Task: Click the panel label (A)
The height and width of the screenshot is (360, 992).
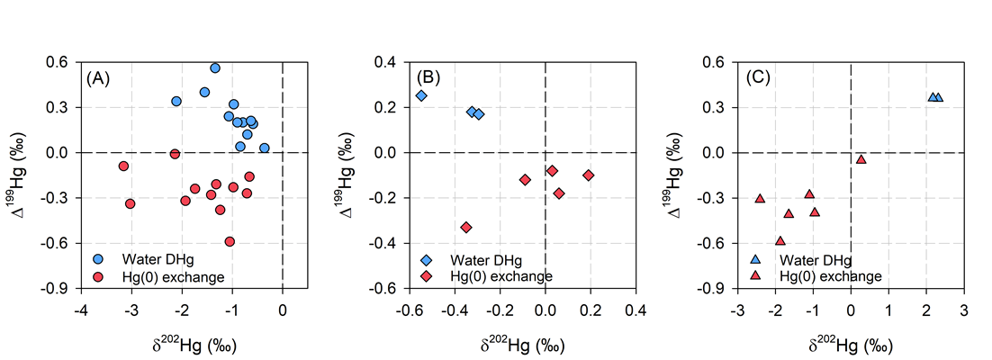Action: point(98,77)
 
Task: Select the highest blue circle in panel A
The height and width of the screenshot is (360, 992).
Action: point(215,68)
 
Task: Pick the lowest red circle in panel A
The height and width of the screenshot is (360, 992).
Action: point(230,241)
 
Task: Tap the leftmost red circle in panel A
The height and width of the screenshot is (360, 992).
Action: point(123,166)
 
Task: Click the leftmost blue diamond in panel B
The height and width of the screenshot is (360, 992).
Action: point(421,95)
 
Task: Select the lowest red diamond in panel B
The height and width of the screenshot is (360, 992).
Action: point(466,228)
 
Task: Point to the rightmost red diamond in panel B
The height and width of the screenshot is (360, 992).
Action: point(589,175)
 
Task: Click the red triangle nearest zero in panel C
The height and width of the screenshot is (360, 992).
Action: point(861,159)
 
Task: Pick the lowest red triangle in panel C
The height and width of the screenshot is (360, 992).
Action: point(780,240)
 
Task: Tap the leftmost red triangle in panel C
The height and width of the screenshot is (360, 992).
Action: point(760,198)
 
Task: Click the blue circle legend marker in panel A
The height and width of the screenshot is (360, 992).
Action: point(100,259)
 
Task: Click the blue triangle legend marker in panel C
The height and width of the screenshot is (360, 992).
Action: point(755,259)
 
